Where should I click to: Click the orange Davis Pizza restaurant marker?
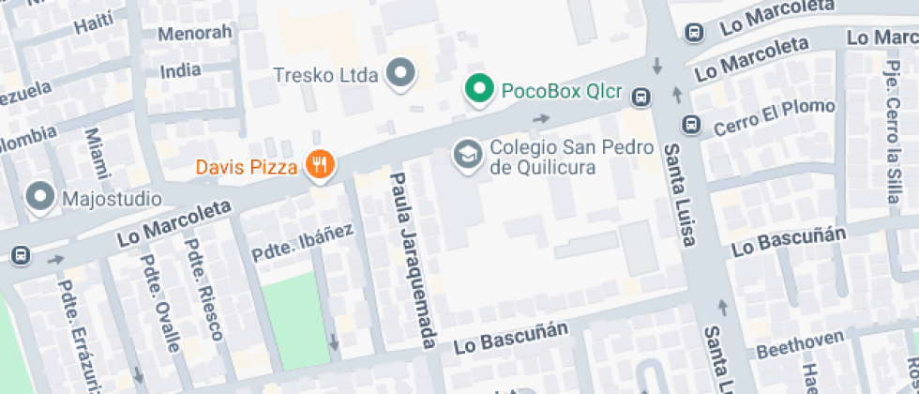coord(321,166)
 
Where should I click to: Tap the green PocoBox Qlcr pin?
coord(480,90)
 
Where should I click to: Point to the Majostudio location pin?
coord(40,198)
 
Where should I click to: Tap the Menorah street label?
coord(194,34)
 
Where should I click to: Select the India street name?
coord(180,70)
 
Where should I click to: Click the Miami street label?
coord(97,153)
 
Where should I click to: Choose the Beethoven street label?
coord(793,347)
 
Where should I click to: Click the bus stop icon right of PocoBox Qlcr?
coord(641,96)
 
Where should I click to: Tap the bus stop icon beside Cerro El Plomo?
coord(690,123)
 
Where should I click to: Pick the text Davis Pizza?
coord(247,167)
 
